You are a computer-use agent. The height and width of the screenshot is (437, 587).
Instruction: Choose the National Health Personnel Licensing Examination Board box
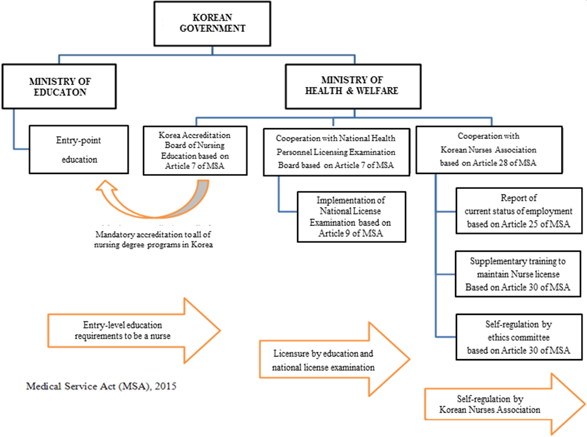(x=335, y=151)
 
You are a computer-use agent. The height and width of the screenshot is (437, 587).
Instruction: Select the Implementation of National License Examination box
(x=350, y=217)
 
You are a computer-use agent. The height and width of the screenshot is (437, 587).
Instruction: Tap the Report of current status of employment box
(x=518, y=212)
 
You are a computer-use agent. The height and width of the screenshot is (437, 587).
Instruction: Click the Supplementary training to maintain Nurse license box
(x=518, y=274)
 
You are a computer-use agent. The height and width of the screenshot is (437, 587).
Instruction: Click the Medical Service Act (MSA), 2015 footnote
(x=101, y=386)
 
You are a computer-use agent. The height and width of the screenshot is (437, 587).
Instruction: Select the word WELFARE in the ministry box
(x=376, y=91)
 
